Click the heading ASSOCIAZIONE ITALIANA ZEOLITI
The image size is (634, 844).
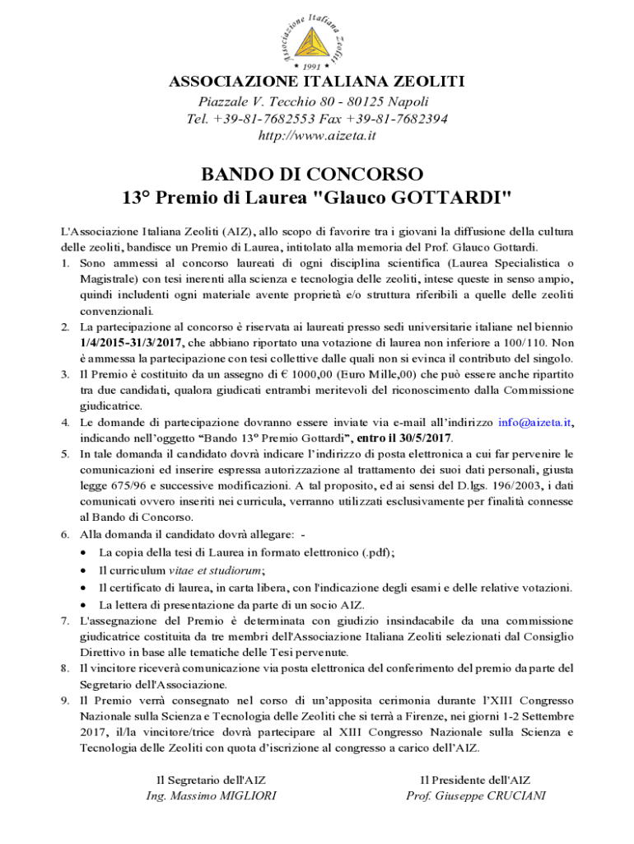317,82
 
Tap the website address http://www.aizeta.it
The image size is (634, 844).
317,134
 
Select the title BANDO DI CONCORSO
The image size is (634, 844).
317,175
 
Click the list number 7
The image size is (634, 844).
65,619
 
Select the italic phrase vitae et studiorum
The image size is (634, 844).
215,570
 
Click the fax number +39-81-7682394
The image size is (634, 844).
399,119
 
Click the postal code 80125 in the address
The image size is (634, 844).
363,101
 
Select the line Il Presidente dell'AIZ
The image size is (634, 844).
475,779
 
